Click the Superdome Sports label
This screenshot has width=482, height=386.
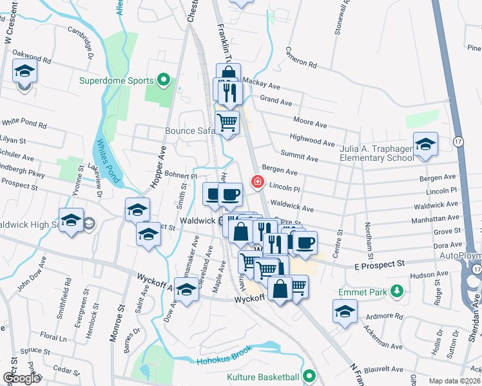(x=116, y=80)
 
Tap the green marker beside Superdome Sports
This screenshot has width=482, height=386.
(x=164, y=80)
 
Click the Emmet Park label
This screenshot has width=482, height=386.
(x=363, y=292)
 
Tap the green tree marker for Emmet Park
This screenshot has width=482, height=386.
(x=398, y=292)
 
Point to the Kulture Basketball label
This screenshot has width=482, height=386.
(x=263, y=376)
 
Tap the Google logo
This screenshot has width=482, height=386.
(x=21, y=378)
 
